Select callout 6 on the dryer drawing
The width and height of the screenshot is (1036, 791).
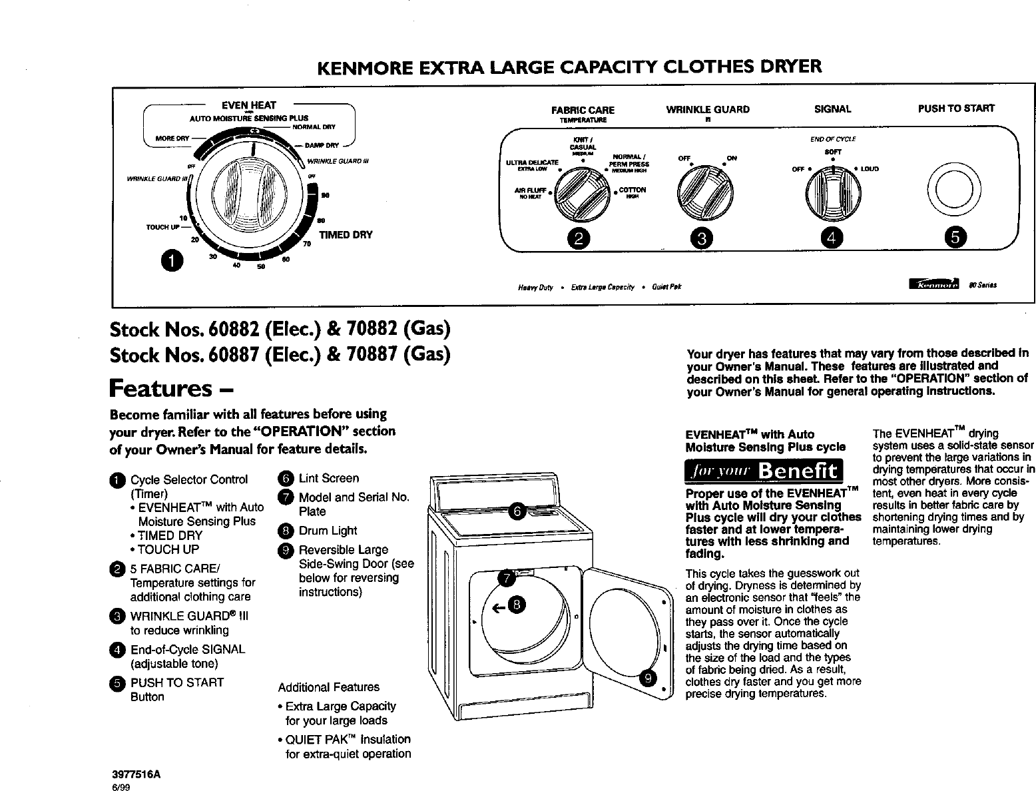coord(517,511)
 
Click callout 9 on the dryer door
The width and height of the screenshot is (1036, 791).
coord(647,678)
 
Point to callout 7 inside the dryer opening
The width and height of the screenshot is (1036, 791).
coord(507,578)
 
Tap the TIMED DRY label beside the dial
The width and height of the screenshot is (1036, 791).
coord(346,235)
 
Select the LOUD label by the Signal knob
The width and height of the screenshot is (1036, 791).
coord(869,169)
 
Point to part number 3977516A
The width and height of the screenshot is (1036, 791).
coord(137,775)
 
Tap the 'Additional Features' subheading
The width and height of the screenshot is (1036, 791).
coord(328,687)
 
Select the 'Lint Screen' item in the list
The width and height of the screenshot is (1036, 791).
coord(329,478)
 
